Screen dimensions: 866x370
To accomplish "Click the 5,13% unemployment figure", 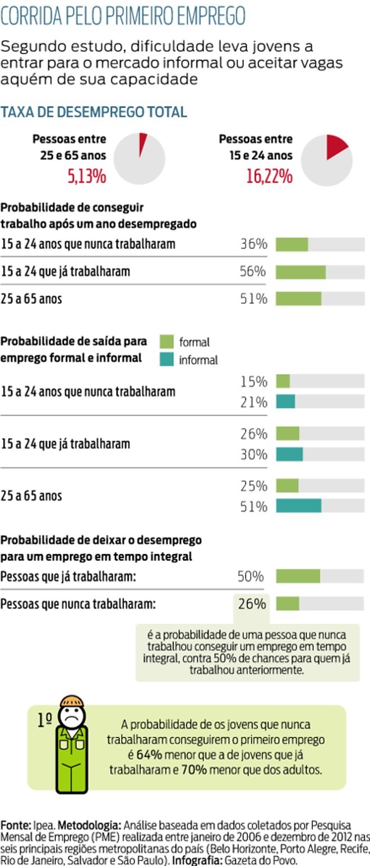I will point(87,177).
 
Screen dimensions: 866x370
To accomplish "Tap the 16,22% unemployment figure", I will point(269,177).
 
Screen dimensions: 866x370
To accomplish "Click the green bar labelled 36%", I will point(292,245).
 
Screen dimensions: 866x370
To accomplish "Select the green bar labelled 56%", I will point(300,272).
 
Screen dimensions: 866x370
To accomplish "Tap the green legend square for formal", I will point(167,342).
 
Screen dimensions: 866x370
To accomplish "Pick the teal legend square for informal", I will point(167,360).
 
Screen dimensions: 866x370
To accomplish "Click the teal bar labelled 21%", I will point(285,402).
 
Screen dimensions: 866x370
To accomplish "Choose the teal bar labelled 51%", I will point(298,506).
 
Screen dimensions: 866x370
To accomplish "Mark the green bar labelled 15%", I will point(283,381).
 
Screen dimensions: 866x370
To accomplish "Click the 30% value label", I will point(254,454).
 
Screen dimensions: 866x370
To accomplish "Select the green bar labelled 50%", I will point(298,577).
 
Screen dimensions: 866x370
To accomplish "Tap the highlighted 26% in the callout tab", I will point(252,604).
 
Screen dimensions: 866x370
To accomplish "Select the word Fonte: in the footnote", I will point(16,826).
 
